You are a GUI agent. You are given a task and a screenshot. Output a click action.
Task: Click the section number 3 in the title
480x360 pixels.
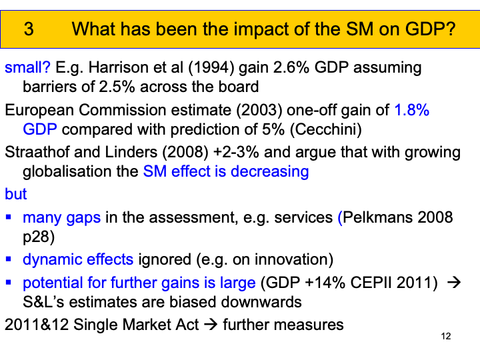coord(28,29)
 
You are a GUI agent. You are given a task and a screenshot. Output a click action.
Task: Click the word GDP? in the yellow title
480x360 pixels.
coord(433,29)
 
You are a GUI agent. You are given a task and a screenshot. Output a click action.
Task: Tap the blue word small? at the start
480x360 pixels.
coord(27,67)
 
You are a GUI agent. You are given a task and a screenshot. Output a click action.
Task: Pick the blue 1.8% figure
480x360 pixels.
coord(411,111)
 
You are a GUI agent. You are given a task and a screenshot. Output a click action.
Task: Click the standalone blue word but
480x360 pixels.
coord(15,193)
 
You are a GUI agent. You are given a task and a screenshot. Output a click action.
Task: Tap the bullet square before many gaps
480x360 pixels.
coord(9,217)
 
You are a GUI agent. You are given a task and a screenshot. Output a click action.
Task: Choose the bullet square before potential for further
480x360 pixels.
coord(9,283)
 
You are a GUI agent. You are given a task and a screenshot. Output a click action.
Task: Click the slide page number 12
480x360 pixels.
coord(446,336)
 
